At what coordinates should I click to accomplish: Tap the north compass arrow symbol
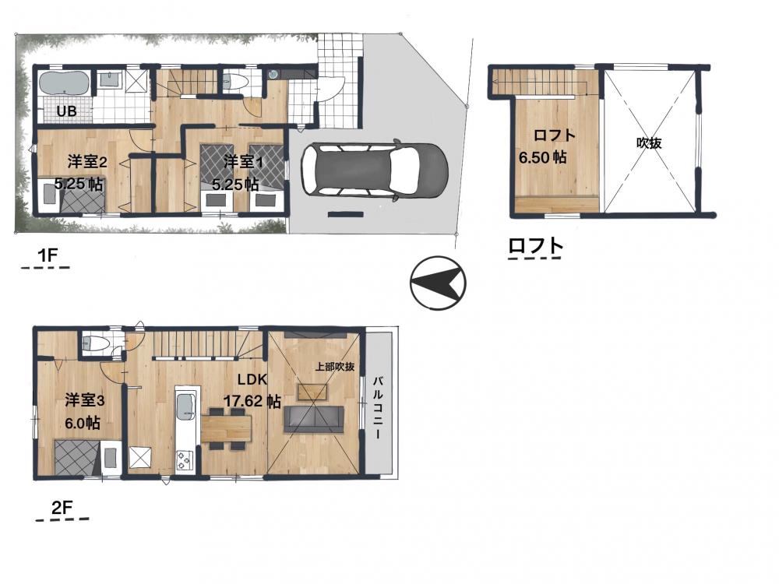click(438, 283)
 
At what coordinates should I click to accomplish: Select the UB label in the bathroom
click(66, 111)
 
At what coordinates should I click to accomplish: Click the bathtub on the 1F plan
click(64, 83)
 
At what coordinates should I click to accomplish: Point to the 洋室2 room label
click(88, 162)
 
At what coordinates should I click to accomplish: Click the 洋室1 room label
click(243, 161)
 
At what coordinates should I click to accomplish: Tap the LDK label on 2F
click(252, 380)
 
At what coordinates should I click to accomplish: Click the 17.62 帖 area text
click(252, 401)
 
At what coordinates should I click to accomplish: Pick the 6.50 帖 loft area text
click(542, 157)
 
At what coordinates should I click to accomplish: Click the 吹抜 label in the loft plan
click(649, 143)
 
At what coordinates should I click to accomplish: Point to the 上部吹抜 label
click(335, 367)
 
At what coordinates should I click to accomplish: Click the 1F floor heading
click(48, 255)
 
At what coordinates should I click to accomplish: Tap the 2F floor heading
click(62, 508)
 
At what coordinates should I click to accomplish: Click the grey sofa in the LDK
click(313, 419)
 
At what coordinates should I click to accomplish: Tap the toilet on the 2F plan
click(95, 343)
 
